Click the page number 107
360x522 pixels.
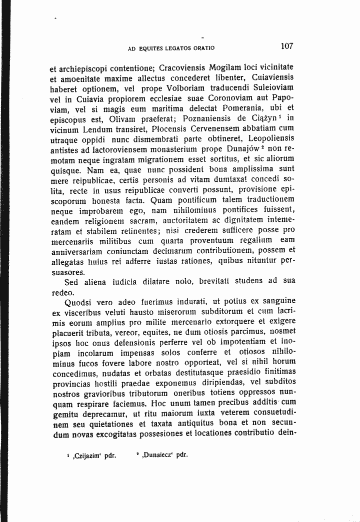[x=287, y=46]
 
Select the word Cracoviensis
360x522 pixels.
[x=174, y=67]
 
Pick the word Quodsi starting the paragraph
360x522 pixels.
[x=81, y=301]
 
